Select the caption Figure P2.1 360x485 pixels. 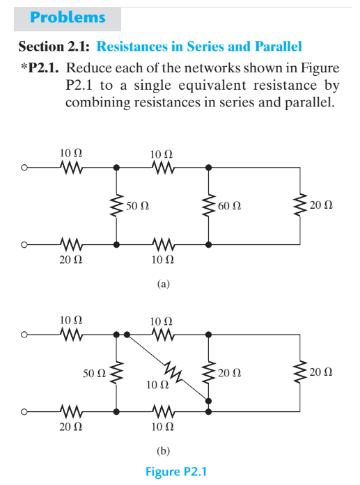176,472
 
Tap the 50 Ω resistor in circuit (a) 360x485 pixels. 116,206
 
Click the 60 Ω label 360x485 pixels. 229,207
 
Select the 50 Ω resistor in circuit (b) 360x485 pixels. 116,373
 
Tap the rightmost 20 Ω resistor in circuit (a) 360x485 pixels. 301,206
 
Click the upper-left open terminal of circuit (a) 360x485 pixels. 24,168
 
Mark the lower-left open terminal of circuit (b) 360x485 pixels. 24,411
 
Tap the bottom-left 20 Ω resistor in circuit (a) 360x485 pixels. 72,244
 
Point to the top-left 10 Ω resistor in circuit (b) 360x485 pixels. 72,335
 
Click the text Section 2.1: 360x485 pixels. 54,47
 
